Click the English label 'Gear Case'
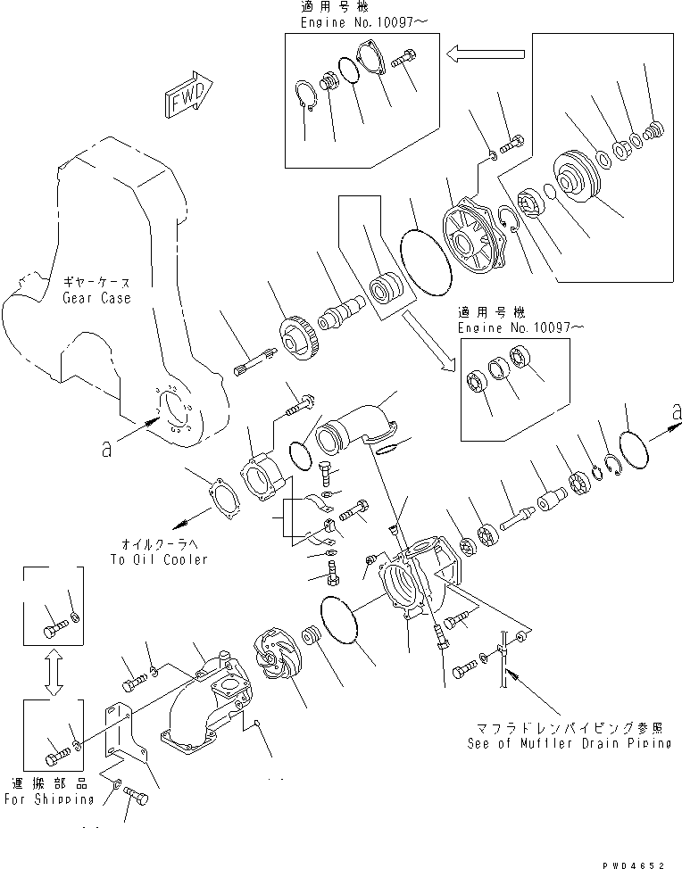tap(96, 298)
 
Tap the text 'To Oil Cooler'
tap(158, 559)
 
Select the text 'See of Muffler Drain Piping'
tap(570, 743)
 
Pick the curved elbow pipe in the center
tap(354, 424)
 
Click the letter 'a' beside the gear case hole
tap(107, 450)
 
